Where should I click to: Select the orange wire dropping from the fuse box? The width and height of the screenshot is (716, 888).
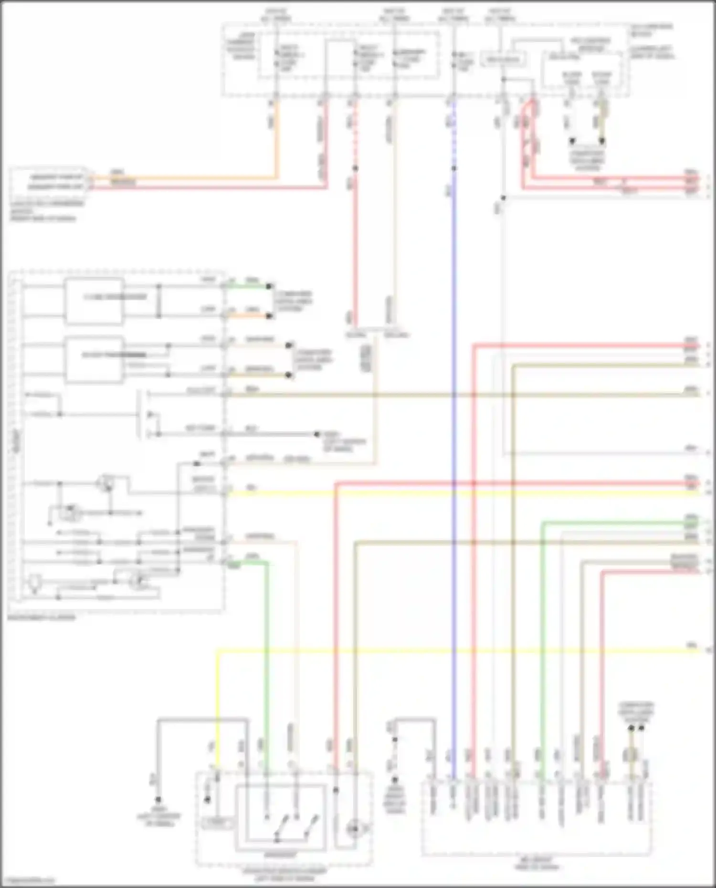click(x=275, y=138)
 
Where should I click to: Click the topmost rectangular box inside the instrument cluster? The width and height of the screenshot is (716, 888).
click(x=94, y=301)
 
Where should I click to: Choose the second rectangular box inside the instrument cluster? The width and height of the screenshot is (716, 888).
click(x=94, y=360)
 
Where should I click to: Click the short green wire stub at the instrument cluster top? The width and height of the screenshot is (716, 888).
click(x=248, y=287)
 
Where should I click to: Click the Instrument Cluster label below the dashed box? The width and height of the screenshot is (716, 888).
click(x=42, y=617)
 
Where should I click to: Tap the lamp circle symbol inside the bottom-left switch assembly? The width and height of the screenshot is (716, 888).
click(x=353, y=829)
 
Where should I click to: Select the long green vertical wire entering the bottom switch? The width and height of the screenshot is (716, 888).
click(x=267, y=668)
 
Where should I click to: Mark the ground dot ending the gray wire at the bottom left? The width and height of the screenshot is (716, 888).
click(x=158, y=799)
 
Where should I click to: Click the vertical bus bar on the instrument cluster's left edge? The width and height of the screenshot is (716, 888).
click(x=18, y=439)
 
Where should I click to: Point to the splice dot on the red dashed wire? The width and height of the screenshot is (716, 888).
click(x=355, y=168)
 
